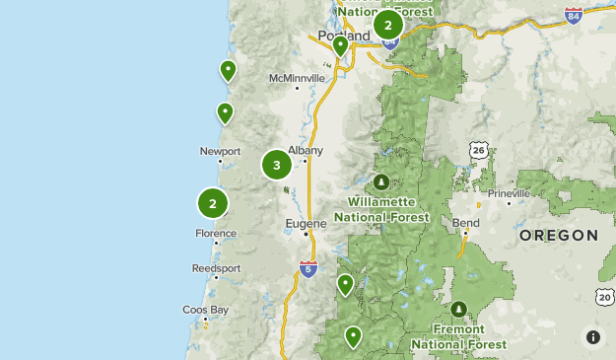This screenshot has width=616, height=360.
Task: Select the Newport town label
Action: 220,151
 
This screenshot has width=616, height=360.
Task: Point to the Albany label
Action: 305,150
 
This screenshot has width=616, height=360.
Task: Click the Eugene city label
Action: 305,223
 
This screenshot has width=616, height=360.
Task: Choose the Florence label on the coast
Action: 215,234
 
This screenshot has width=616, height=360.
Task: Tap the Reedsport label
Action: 216,267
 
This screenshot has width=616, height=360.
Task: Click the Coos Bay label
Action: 205,310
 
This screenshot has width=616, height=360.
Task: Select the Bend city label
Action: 466,223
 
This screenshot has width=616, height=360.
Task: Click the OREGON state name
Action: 558,236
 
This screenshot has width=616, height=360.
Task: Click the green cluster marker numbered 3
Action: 276,165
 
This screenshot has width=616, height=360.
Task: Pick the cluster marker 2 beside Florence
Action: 213,203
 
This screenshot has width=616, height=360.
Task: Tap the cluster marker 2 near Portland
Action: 388,25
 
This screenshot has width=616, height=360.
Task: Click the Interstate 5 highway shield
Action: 308,267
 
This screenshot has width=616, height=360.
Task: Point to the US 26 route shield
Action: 479,150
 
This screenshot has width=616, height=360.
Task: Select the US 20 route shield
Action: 603,296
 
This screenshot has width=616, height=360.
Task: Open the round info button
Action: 592,336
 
